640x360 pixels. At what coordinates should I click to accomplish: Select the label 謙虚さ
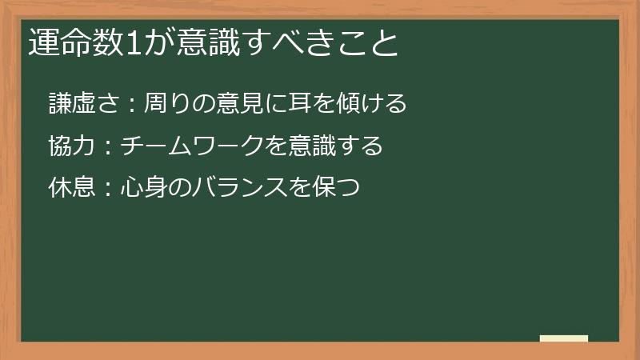click(83, 103)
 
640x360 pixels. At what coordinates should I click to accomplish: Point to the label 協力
click(70, 146)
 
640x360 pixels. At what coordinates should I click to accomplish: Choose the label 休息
click(70, 187)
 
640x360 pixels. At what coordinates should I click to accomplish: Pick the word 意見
click(233, 103)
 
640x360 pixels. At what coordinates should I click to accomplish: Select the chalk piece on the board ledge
click(564, 339)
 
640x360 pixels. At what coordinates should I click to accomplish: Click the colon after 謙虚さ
click(131, 105)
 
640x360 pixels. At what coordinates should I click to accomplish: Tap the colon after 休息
click(106, 189)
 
